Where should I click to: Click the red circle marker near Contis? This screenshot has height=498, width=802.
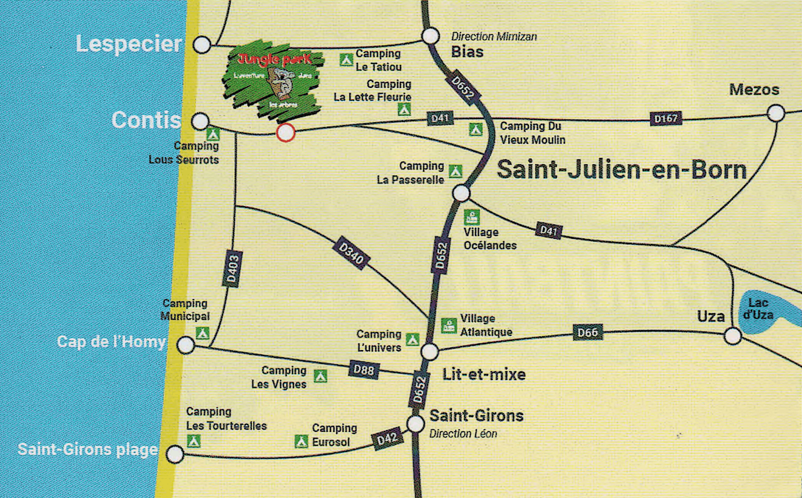point(286,133)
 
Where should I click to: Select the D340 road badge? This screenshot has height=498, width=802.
point(351,253)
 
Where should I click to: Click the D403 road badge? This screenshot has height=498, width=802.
point(233,269)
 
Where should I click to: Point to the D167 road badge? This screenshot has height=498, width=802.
point(666,118)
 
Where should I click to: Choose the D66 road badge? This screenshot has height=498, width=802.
point(587,333)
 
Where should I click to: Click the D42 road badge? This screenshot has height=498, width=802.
point(387,439)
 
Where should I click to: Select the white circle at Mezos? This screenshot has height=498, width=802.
point(776,113)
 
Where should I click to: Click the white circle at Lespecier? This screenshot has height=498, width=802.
point(202,45)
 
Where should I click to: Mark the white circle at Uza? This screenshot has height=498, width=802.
point(733,336)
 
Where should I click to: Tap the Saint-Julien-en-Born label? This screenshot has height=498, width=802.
point(622,170)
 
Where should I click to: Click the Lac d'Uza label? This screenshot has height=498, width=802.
point(758,309)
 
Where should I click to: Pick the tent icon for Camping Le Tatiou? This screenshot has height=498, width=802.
point(346,60)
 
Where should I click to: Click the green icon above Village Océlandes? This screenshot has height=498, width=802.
point(472,217)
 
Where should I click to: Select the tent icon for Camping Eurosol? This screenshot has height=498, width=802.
point(301,441)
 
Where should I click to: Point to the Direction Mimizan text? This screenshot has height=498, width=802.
point(494,36)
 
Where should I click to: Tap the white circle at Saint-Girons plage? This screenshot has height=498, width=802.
point(175,454)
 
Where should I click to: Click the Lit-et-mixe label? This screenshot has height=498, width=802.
point(484,374)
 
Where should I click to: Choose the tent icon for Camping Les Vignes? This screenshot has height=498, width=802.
point(320,376)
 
